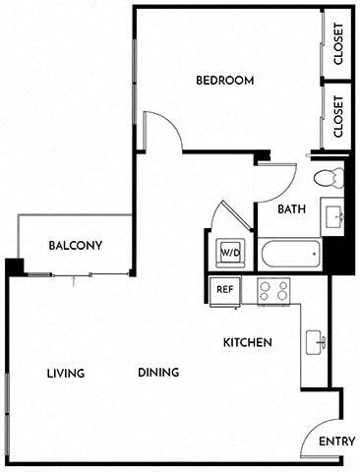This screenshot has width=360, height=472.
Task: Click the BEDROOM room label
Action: point(225,81)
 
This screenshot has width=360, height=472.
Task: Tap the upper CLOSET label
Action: point(338,43)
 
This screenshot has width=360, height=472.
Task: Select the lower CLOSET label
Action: point(338,116)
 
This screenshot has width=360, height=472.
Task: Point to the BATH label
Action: point(291,209)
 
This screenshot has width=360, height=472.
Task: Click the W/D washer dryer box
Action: point(229,253)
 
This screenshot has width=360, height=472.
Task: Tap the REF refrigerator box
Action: point(224,289)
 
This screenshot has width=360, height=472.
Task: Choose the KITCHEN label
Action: point(248,342)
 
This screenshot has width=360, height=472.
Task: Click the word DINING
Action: point(158,373)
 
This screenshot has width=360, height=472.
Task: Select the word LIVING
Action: point(66,373)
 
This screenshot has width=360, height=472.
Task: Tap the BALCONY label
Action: point(76,246)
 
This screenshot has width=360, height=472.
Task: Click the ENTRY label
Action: point(336,442)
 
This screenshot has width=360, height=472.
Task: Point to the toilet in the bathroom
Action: point(327,178)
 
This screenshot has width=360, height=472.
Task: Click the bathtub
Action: point(290,256)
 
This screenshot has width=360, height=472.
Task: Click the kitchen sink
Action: point(316,342)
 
